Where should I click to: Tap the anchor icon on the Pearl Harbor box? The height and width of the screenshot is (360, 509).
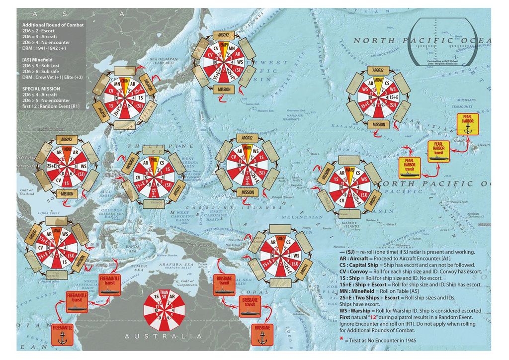(x=467, y=128)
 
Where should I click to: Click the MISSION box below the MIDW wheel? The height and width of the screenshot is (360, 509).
(x=379, y=125)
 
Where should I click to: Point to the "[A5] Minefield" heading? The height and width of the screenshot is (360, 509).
(x=38, y=60)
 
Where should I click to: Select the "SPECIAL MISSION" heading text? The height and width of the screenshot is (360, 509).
(x=41, y=88)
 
